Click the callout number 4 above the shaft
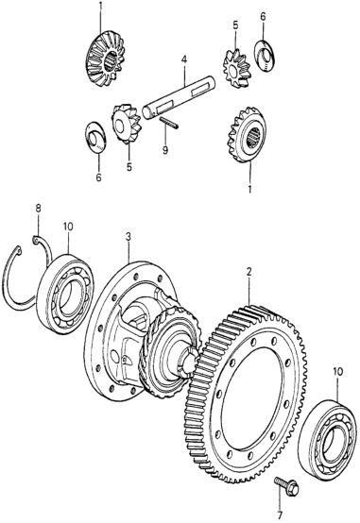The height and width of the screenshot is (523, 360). (184, 60)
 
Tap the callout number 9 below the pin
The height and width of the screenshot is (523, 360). (165, 151)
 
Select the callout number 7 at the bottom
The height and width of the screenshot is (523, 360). (281, 515)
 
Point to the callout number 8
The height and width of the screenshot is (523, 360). (39, 209)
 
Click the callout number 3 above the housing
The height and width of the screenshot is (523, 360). (129, 237)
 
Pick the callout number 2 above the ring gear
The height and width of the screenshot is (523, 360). (249, 272)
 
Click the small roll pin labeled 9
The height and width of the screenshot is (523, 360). (169, 123)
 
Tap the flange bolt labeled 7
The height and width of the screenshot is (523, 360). (286, 486)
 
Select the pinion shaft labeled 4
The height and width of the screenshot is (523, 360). (179, 96)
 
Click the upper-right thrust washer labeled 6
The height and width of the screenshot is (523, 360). (265, 56)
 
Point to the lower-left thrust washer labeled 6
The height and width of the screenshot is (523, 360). (96, 138)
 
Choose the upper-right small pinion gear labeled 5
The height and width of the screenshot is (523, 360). (236, 68)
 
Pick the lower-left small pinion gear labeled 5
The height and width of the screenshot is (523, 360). (126, 124)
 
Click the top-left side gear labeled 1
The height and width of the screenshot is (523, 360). (104, 59)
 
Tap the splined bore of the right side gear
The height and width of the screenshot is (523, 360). (255, 138)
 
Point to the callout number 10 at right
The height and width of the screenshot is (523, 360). (337, 372)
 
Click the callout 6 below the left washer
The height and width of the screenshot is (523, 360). (98, 177)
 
